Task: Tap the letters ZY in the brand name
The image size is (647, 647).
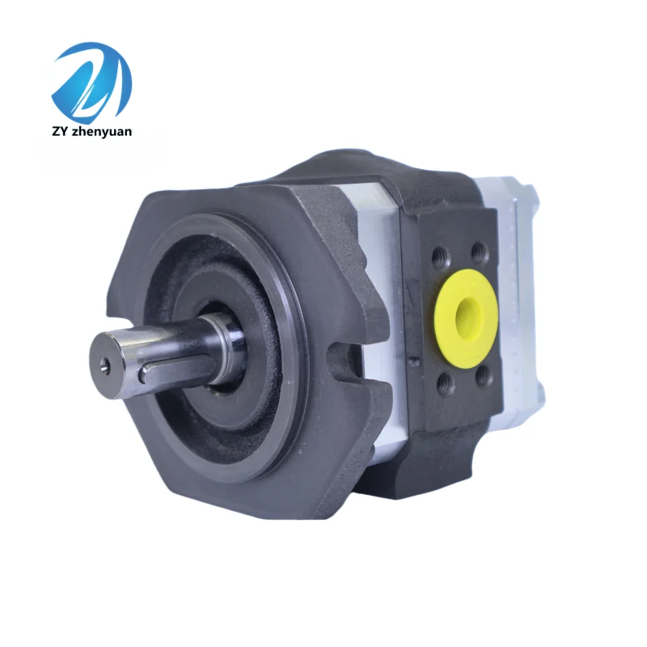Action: click(x=61, y=132)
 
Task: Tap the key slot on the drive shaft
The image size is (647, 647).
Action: click(x=170, y=371)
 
